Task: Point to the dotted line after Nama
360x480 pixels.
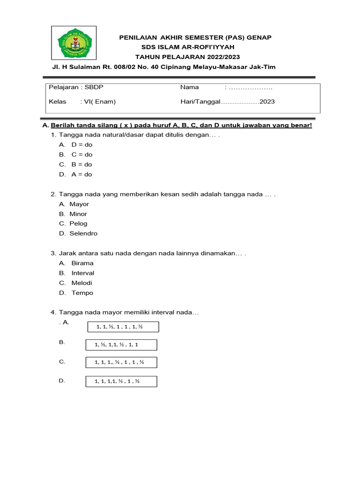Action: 250,87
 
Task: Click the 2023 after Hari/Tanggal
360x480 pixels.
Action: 267,102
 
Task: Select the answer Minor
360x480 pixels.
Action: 78,214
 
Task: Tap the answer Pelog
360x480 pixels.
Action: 78,224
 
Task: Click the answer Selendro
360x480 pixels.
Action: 83,233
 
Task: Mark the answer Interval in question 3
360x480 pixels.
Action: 82,273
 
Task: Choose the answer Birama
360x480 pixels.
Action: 82,263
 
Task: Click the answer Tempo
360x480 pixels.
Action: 82,293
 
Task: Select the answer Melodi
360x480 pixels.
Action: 82,283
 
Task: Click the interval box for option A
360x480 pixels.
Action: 123,327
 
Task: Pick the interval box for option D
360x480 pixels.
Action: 121,382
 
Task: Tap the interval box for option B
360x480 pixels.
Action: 121,345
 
